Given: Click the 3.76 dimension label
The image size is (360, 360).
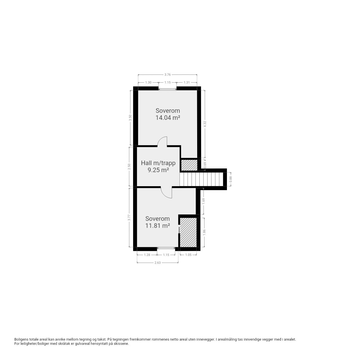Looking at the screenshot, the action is point(167,75).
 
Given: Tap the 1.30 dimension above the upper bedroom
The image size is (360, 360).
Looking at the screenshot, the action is point(148,82).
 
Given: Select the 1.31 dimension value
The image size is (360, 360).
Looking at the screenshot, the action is point(187,82).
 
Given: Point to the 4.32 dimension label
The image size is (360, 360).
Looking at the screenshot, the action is point(205,124).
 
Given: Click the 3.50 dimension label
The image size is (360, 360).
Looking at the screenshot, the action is point(130,118).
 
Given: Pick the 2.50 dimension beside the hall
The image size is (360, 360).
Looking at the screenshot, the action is point(129,167).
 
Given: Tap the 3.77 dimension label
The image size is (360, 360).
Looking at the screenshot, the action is point(129,218).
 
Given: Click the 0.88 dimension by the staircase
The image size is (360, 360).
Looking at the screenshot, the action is point(231,179).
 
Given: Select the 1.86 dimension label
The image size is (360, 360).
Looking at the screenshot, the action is point(204,232).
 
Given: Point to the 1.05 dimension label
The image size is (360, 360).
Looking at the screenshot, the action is point(188,255).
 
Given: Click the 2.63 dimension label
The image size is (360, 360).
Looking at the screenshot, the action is point(157,263).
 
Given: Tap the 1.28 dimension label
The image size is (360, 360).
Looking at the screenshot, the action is point(147,255).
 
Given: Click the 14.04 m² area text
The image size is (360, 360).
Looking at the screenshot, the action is point(168,118).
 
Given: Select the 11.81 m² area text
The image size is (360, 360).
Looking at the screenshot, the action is point(157,226).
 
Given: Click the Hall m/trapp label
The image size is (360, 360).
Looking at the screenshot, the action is point(158,163).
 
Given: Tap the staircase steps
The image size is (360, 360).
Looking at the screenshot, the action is point(201,179).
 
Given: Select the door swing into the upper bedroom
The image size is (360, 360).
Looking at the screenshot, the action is point(162,141).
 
